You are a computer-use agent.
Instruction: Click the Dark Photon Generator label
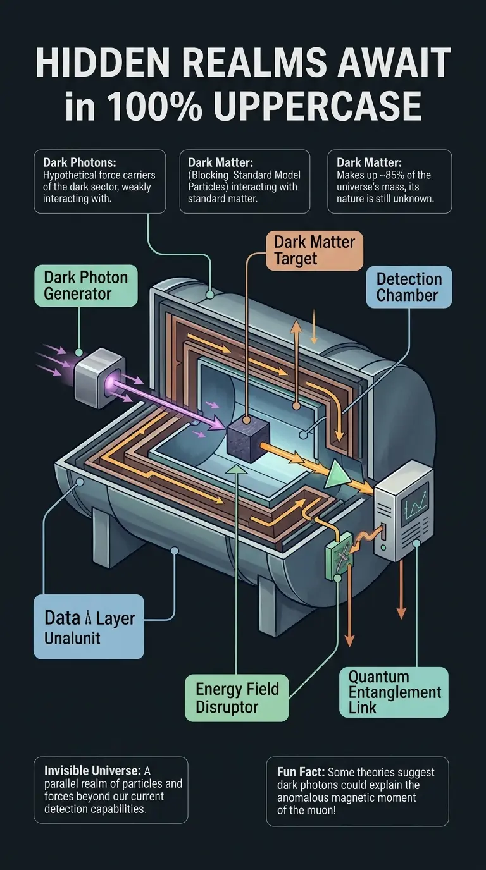86,285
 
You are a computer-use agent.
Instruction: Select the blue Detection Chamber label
409,287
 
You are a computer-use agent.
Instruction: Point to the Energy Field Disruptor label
237,697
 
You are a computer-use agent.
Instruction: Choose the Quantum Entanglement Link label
394,692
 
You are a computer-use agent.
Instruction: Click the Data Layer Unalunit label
89,626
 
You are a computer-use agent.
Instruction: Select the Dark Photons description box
100,181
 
